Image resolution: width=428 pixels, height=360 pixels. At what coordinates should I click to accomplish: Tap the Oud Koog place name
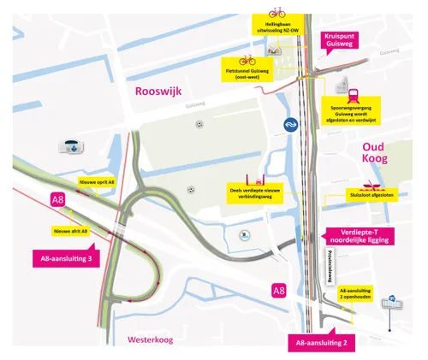click(371, 152)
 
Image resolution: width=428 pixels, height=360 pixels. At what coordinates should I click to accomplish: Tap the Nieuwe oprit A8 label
click(96, 183)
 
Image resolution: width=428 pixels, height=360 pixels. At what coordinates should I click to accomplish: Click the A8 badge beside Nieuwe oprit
click(57, 201)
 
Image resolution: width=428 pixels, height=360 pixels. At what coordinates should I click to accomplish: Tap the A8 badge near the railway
click(278, 291)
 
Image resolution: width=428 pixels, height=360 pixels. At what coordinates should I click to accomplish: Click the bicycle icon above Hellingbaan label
click(277, 12)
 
